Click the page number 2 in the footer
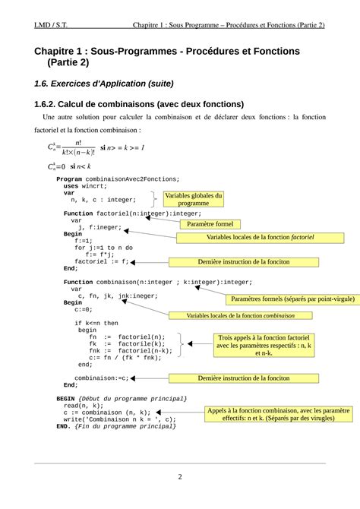[180, 477]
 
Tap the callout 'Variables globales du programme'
[194, 199]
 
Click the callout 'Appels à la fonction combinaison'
[273, 414]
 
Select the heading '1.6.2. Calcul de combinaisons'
[139, 104]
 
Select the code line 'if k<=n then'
[96, 323]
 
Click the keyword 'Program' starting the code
[69, 179]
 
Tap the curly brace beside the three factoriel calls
[179, 343]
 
